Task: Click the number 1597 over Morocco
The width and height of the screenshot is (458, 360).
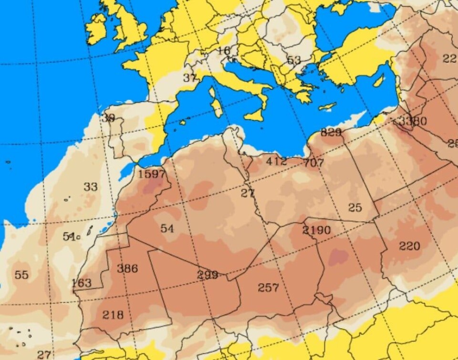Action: [x=152, y=174]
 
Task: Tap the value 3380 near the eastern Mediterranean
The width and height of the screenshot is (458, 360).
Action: [x=413, y=121]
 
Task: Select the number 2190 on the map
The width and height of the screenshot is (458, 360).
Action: [x=316, y=230]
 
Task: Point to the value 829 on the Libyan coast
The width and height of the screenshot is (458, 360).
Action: [x=331, y=132]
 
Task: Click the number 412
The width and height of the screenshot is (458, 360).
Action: [x=276, y=161]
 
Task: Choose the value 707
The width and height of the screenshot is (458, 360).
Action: [x=313, y=163]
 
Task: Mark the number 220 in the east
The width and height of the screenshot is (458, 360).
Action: [x=409, y=246]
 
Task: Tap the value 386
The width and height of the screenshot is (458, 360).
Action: [x=127, y=268]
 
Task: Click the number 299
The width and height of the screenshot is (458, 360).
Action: [x=208, y=275]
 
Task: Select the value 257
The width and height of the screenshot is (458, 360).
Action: [x=268, y=287]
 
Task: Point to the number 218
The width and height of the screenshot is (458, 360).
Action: [x=113, y=315]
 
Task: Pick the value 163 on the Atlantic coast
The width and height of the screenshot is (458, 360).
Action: [x=81, y=283]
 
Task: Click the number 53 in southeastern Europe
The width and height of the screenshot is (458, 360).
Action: [x=294, y=60]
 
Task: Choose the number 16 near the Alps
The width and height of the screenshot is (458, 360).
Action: [x=224, y=51]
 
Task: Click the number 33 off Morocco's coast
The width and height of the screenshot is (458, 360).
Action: [x=91, y=187]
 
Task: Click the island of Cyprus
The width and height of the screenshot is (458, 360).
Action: [x=327, y=106]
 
